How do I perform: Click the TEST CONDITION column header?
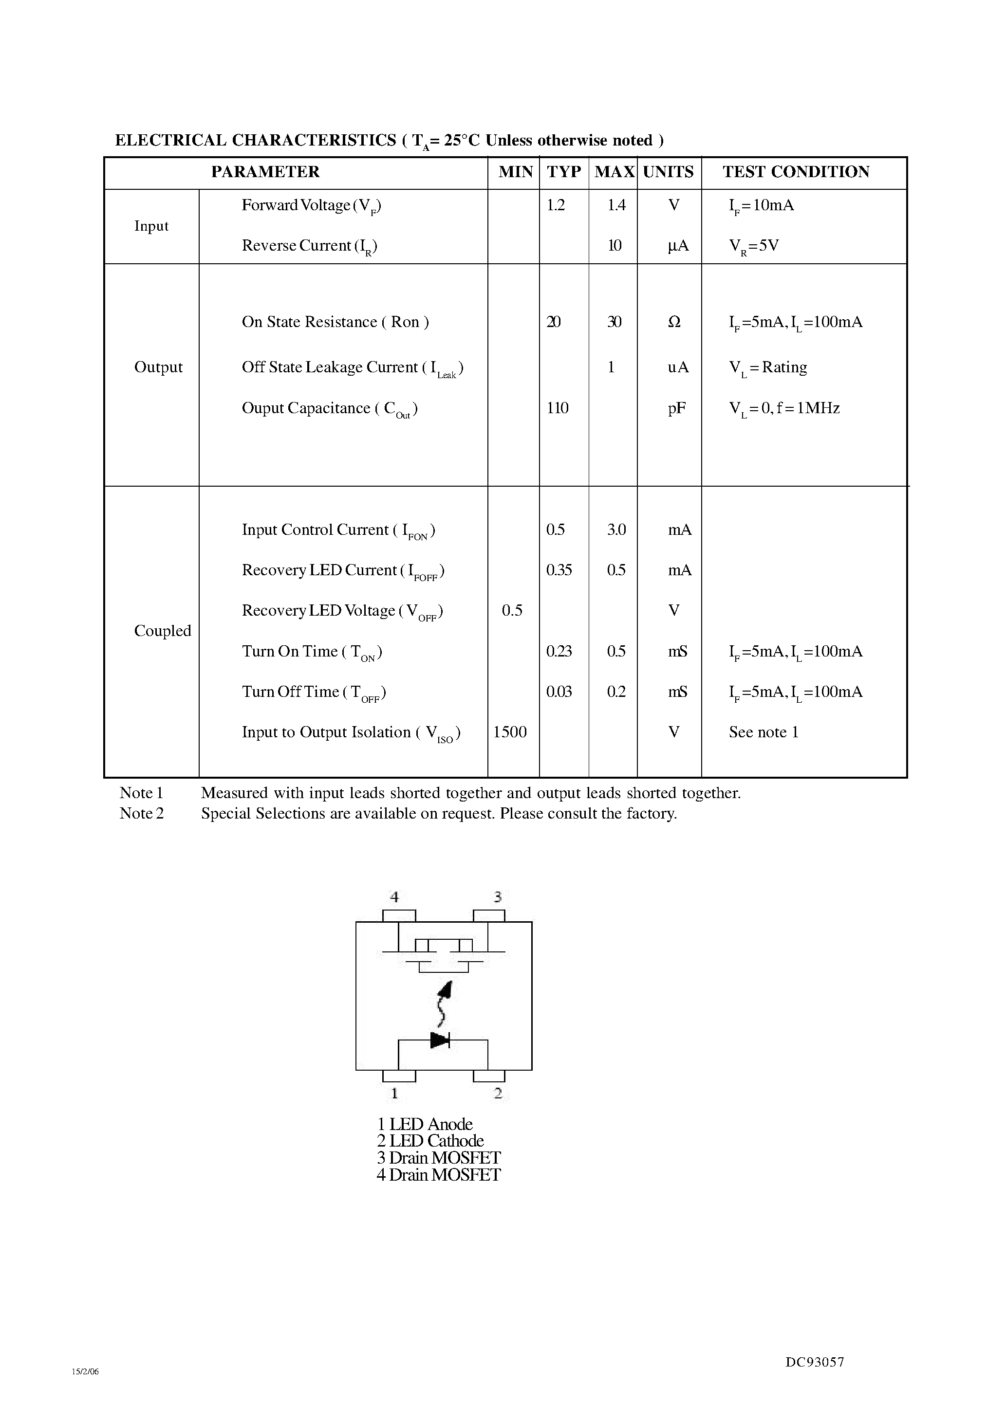click(x=796, y=172)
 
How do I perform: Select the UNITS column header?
click(x=668, y=172)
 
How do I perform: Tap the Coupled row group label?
click(x=163, y=631)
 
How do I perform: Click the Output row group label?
click(x=158, y=367)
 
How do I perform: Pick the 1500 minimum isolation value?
click(x=510, y=732)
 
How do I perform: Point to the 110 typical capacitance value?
click(x=558, y=408)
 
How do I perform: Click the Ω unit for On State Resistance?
click(x=674, y=322)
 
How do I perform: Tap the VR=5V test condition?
click(x=754, y=246)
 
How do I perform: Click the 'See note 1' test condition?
click(x=764, y=732)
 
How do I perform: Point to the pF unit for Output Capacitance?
click(x=677, y=408)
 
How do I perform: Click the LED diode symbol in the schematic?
click(x=440, y=1040)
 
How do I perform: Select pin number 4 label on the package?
click(x=394, y=897)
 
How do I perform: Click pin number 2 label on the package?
click(x=498, y=1094)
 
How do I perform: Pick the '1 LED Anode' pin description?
click(x=425, y=1124)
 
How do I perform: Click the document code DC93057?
click(x=814, y=1362)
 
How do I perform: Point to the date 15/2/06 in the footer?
click(x=85, y=1371)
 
